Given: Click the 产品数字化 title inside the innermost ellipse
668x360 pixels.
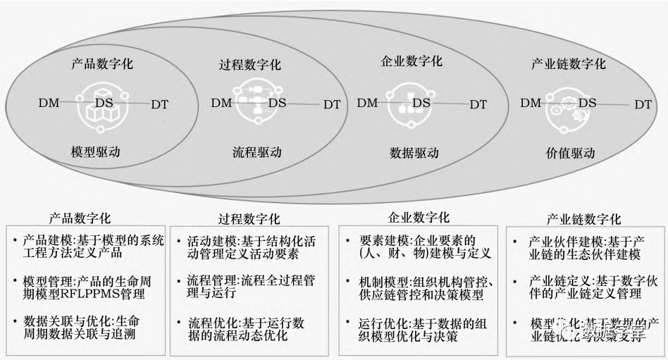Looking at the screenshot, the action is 102,64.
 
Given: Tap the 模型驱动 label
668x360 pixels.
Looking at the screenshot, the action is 97,151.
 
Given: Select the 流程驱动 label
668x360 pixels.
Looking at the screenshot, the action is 256,151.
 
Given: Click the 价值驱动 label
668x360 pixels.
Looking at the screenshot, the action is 570,152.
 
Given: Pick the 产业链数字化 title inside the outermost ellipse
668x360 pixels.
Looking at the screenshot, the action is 568,63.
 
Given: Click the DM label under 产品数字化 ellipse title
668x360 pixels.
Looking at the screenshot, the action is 51,103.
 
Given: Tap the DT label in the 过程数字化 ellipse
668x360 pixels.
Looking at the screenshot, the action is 331,104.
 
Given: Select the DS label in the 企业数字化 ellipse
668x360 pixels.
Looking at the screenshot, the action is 421,103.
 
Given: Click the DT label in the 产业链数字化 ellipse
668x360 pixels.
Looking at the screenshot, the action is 643,104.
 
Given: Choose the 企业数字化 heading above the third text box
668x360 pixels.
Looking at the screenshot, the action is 419,218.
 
